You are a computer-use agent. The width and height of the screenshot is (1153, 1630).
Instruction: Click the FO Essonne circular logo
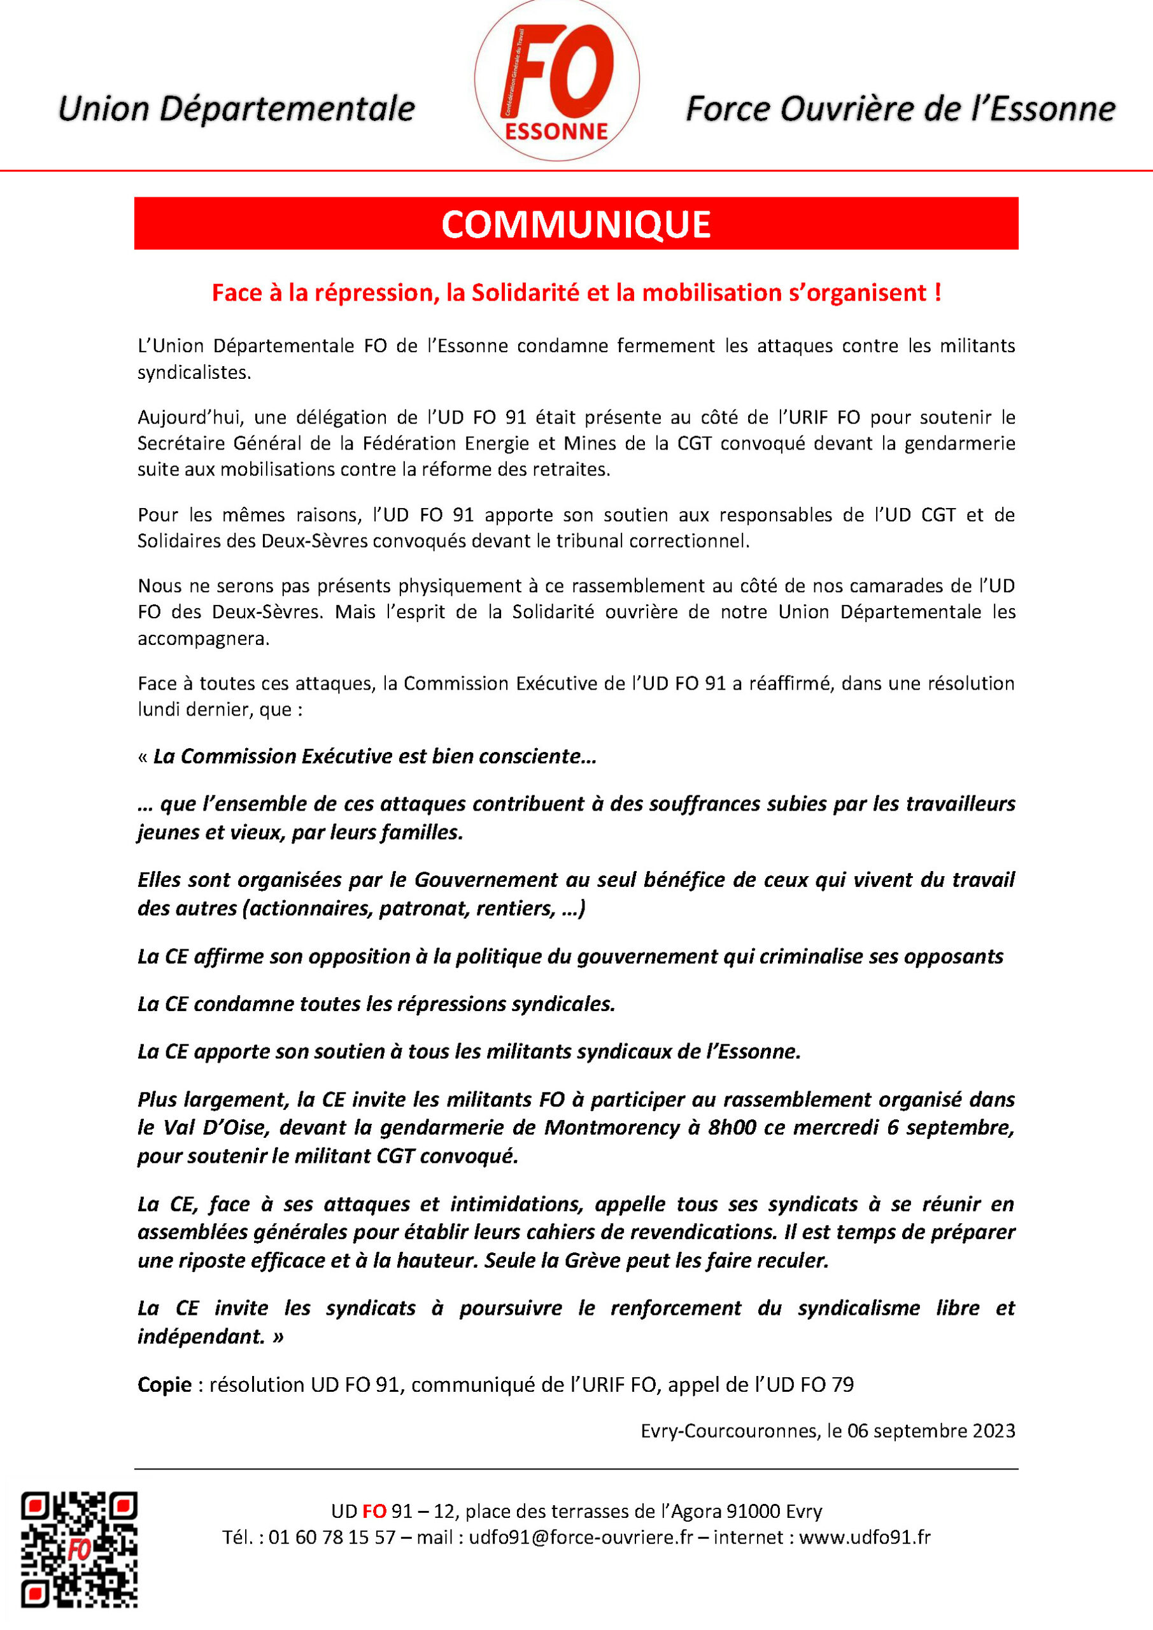click(556, 80)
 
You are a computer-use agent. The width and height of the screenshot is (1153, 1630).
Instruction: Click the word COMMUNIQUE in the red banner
click(576, 224)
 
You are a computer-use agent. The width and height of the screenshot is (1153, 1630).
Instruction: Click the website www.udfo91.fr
click(864, 1537)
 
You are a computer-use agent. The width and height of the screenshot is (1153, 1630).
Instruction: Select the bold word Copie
click(165, 1384)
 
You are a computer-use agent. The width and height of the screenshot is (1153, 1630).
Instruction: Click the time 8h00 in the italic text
click(732, 1128)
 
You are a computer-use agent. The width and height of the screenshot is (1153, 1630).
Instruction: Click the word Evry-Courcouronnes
click(730, 1430)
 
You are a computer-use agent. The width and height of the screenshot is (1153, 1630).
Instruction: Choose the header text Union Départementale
click(236, 109)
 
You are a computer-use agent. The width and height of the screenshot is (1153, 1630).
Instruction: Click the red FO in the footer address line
click(374, 1511)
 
